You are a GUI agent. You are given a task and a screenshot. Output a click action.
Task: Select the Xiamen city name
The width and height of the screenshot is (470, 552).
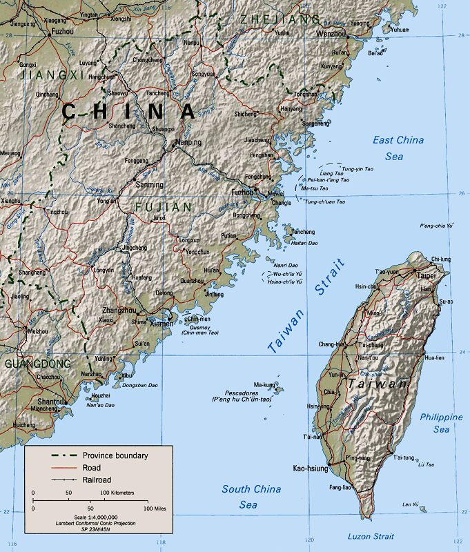[161, 324]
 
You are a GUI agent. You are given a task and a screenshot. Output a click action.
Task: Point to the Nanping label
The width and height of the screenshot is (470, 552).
[188, 142]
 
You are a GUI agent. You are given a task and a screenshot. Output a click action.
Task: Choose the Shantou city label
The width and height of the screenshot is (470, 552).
[52, 401]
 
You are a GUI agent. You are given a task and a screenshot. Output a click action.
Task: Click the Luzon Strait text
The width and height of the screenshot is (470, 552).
[371, 536]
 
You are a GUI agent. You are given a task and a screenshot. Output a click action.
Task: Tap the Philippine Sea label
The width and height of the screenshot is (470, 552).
[441, 423]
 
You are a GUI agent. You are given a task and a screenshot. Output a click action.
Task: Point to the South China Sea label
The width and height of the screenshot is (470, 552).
[251, 497]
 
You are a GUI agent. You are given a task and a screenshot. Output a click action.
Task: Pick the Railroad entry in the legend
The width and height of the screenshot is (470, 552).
[97, 480]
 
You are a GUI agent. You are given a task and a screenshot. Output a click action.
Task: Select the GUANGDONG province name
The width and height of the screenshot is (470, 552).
[37, 363]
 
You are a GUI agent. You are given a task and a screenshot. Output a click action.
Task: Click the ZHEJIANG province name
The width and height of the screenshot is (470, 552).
[280, 19]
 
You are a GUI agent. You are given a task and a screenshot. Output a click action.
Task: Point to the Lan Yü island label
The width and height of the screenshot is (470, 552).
[410, 504]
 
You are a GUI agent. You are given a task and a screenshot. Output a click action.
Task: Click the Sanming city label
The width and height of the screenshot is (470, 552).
[149, 185]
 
